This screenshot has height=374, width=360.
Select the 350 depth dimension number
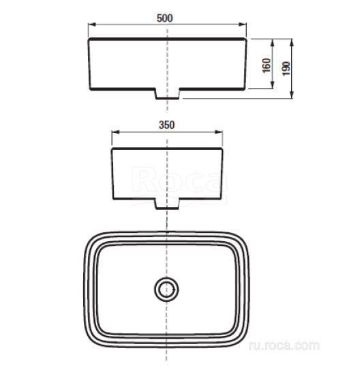pos(166,125)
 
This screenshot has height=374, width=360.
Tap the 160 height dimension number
pos(266,65)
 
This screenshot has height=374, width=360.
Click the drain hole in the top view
pos(166,290)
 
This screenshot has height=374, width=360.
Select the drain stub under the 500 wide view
pos(167,93)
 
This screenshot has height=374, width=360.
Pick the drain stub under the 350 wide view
pos(167,202)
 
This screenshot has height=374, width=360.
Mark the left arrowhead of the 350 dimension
pos(114,133)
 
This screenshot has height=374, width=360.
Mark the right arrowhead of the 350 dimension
pos(218,133)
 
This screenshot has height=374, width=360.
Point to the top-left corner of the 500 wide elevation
pos(89,40)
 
